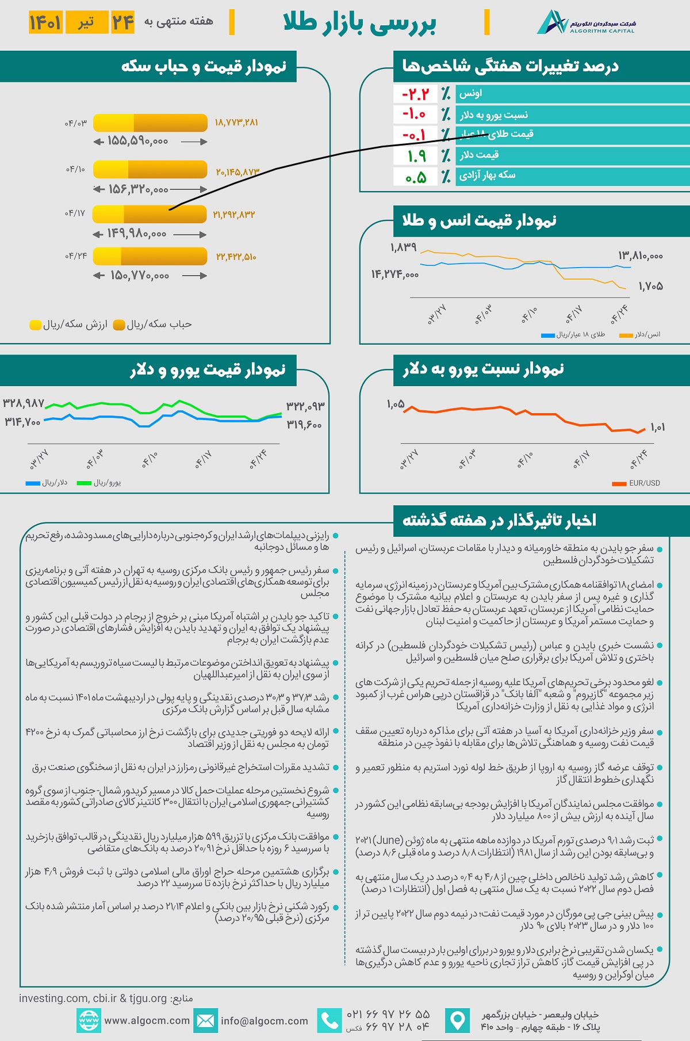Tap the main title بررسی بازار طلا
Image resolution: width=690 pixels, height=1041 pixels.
pos(360,23)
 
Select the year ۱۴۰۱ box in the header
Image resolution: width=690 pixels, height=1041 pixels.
pos(45,22)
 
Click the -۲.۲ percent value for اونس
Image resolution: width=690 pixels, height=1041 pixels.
pos(415,94)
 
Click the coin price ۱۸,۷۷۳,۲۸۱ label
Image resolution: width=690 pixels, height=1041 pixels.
pos(236,123)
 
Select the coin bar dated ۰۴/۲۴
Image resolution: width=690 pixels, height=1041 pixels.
pos(149,256)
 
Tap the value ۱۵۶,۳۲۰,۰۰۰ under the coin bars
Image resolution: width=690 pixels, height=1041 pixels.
pos(137,189)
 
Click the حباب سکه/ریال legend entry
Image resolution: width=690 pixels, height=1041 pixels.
pos(153,325)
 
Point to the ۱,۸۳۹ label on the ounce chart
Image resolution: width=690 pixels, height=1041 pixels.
pos(403,247)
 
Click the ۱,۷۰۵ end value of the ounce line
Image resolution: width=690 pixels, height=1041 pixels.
pos(651,287)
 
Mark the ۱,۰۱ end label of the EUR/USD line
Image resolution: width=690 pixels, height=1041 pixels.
pos(658,427)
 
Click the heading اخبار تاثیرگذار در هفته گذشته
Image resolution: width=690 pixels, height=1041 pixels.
pos(499,521)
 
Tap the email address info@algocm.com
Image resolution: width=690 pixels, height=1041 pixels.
pos(264,1021)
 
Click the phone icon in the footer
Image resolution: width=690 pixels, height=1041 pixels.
pos(329,1021)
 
